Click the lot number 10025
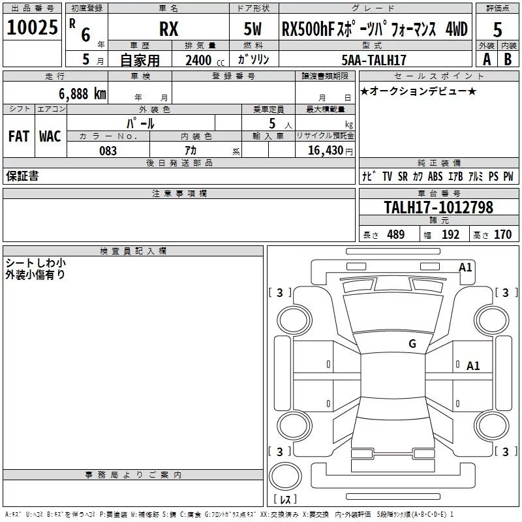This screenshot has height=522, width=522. pyautogui.click(x=32, y=27)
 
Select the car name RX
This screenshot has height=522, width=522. pyautogui.click(x=169, y=29)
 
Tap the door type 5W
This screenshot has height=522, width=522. pyautogui.click(x=253, y=29)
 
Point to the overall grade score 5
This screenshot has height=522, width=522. pyautogui.click(x=497, y=30)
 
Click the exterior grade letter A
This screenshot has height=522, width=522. pyautogui.click(x=487, y=59)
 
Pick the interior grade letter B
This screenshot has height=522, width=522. pyautogui.click(x=508, y=59)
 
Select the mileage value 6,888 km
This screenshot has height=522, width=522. pyautogui.click(x=83, y=94)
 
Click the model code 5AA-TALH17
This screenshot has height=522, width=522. pyautogui.click(x=374, y=60)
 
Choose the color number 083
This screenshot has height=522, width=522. pyautogui.click(x=108, y=151)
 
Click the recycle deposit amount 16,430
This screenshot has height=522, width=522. pyautogui.click(x=325, y=151)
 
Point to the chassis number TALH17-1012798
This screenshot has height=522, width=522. pyautogui.click(x=438, y=207)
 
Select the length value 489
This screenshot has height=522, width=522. pyautogui.click(x=396, y=234)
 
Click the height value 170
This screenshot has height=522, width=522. pyautogui.click(x=502, y=234)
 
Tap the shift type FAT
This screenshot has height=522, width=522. pyautogui.click(x=19, y=136)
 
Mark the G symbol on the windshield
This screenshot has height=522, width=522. pyautogui.click(x=412, y=343)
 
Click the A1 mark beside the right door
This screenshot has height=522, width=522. pyautogui.click(x=473, y=366)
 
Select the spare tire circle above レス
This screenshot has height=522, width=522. pyautogui.click(x=285, y=476)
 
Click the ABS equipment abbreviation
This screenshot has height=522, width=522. pyautogui.click(x=435, y=176)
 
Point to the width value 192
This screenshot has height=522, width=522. pyautogui.click(x=450, y=234)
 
